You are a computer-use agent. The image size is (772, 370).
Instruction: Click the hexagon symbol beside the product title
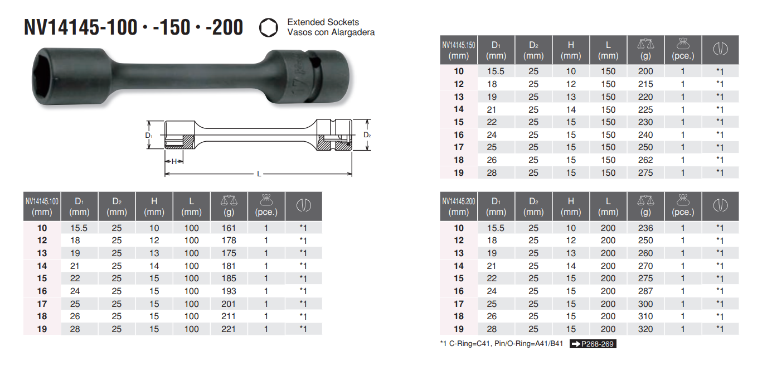[268, 27]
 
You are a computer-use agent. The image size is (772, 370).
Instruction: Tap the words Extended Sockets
[323, 22]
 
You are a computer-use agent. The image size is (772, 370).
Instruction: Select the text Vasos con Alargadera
[331, 32]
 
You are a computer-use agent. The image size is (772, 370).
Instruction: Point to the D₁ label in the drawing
[148, 135]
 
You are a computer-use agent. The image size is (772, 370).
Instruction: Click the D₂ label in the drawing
[367, 135]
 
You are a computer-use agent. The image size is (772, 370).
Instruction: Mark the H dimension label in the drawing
[174, 161]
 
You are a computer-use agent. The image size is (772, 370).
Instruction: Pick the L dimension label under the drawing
[259, 174]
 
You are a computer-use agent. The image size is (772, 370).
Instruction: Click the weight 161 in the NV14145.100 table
[229, 228]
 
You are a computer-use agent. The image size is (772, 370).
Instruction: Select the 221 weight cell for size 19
[229, 329]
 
